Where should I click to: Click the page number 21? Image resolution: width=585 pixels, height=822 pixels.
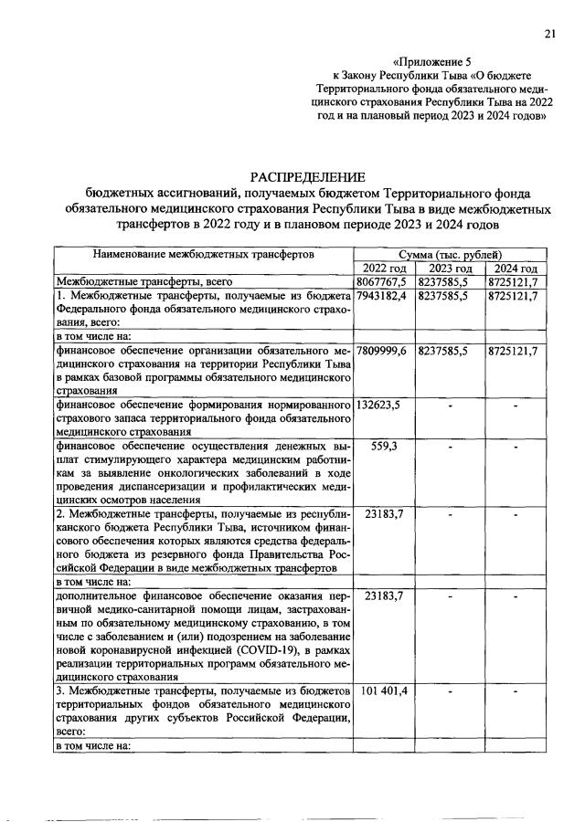(549, 34)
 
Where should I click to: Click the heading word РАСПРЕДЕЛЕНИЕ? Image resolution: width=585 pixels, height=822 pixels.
(307, 176)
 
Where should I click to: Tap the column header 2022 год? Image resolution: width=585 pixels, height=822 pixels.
(384, 268)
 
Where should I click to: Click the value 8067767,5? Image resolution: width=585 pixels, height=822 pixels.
(384, 282)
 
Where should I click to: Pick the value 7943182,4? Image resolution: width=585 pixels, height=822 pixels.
(384, 297)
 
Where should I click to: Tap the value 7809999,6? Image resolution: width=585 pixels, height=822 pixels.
(384, 351)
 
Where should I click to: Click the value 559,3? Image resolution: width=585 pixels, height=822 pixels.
(384, 448)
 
